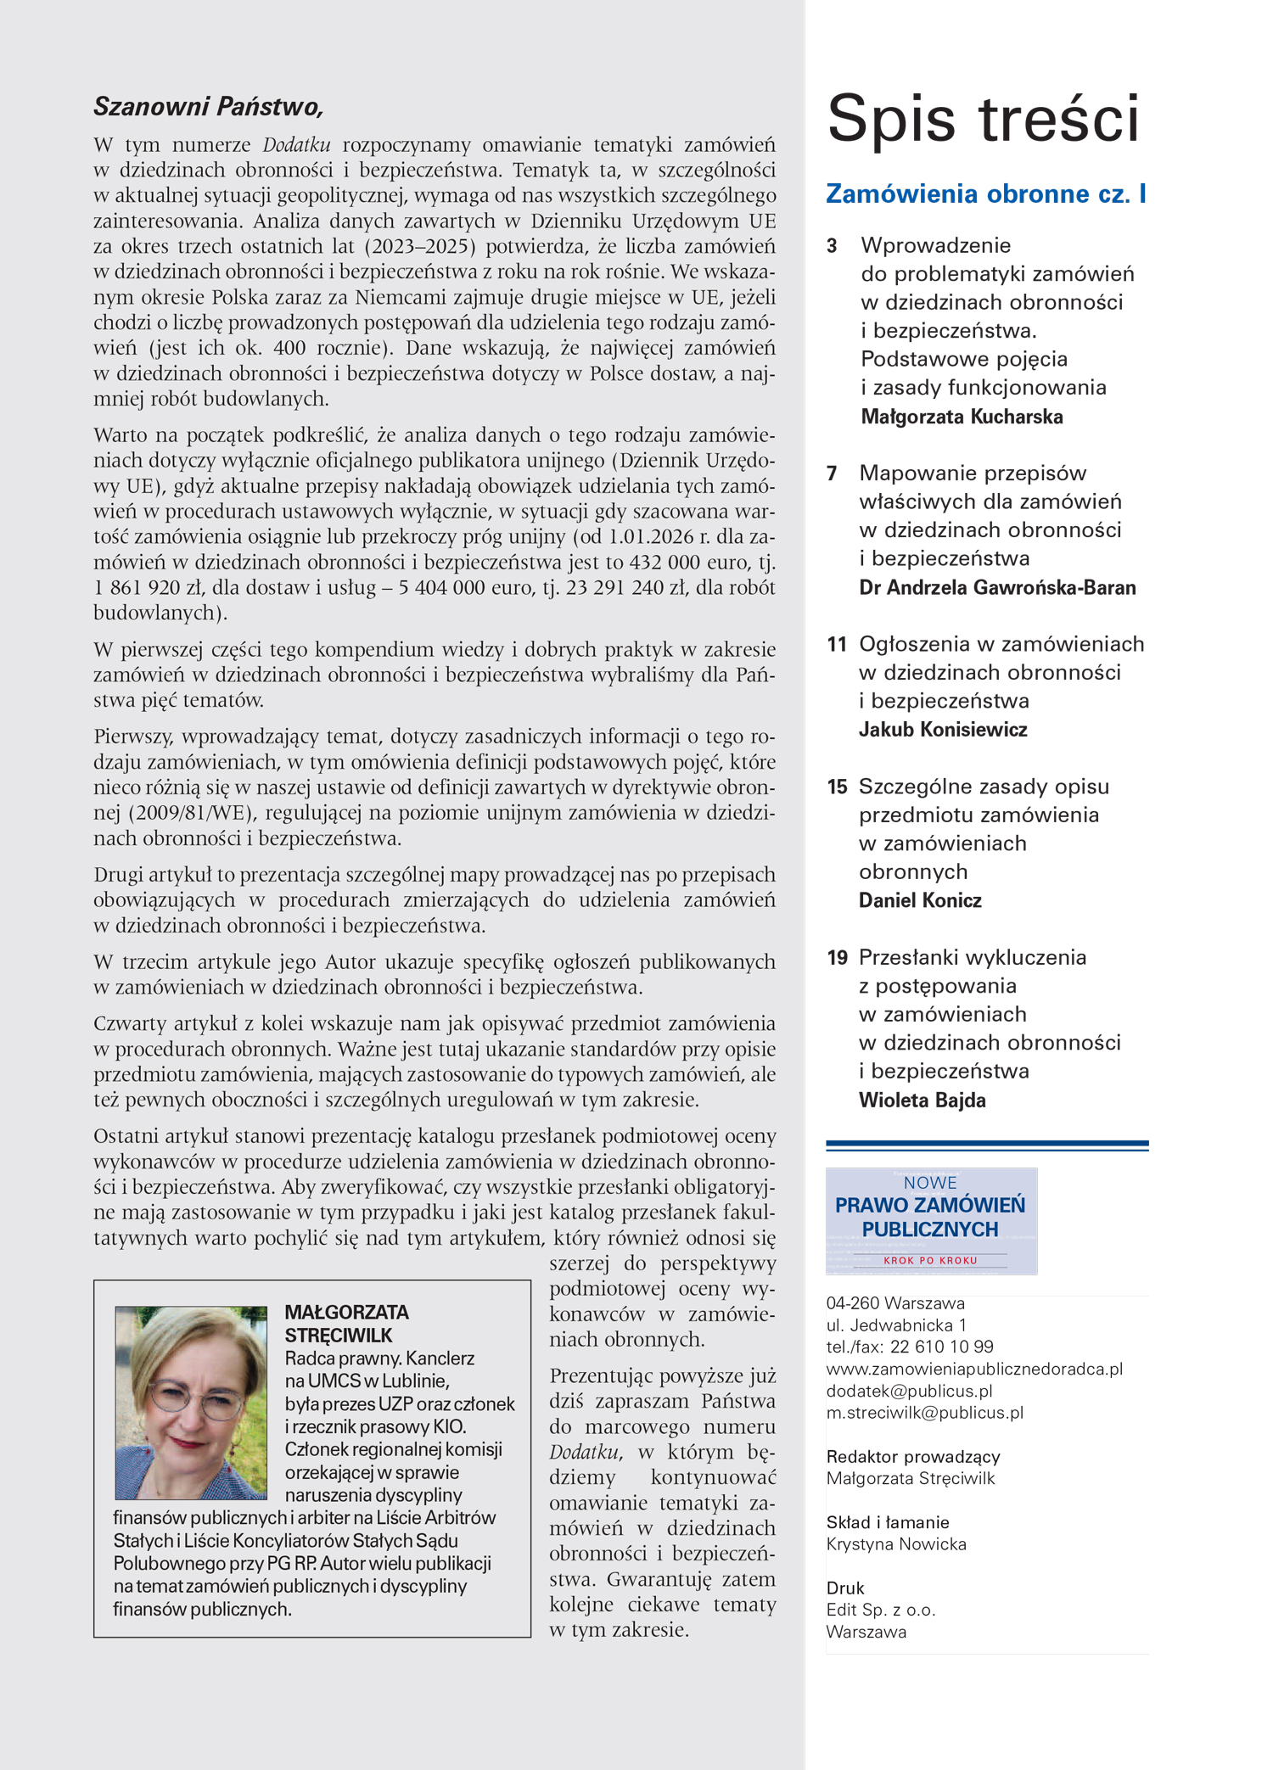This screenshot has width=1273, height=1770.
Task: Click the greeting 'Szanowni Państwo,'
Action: pos(209,107)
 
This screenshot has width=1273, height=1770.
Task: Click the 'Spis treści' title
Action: pos(983,119)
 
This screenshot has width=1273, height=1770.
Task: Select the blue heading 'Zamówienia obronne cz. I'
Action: pos(986,194)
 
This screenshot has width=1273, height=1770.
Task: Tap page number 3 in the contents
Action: pos(832,246)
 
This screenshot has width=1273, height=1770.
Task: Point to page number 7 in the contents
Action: pos(832,473)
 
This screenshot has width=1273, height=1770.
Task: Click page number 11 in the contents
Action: pos(837,645)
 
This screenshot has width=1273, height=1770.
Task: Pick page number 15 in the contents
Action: pos(837,787)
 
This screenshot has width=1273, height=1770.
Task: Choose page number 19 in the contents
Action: pos(837,958)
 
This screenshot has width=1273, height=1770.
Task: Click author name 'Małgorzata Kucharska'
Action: pos(962,417)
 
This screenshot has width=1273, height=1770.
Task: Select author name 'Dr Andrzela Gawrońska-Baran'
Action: pos(997,588)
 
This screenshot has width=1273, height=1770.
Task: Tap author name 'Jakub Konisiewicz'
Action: pos(943,730)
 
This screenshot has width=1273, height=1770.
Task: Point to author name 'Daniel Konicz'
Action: pos(920,901)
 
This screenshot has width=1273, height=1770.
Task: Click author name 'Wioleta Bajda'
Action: pos(922,1101)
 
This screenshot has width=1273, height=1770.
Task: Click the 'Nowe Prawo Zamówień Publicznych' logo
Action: pos(931,1221)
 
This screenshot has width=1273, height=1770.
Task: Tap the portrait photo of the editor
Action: pos(191,1403)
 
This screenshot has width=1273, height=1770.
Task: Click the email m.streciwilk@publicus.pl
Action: pos(924,1413)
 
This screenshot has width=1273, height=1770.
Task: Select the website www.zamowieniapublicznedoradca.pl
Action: pos(974,1369)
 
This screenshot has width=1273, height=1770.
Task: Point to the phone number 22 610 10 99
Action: pos(941,1347)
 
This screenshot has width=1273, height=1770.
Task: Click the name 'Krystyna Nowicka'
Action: pos(896,1544)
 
